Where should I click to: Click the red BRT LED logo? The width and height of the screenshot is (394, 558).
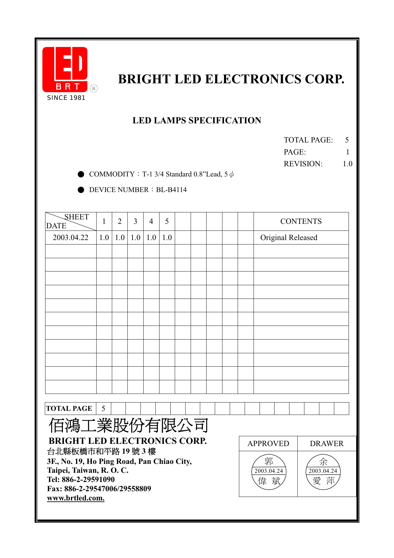tap(65, 69)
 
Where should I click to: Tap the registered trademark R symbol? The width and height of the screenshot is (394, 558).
tap(94, 88)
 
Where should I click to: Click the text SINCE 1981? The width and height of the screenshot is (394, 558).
tap(66, 98)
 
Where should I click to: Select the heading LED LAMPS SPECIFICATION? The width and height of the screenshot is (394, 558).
tap(197, 121)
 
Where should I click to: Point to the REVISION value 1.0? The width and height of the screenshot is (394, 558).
tap(347, 164)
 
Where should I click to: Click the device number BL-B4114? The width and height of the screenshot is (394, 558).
tap(171, 190)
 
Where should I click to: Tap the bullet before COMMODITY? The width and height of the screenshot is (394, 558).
tap(81, 174)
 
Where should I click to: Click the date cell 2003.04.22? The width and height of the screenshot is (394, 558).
tap(71, 238)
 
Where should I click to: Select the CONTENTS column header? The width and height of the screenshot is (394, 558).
tap(301, 221)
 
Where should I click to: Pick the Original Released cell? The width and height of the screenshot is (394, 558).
tap(289, 238)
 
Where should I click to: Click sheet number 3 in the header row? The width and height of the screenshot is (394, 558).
tap(135, 221)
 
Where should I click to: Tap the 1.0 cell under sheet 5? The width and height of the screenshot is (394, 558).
tap(167, 238)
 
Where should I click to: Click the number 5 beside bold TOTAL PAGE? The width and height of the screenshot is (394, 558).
tap(103, 409)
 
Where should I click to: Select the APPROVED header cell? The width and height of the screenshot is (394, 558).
tap(268, 444)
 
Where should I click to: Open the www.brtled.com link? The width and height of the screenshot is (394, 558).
tap(76, 498)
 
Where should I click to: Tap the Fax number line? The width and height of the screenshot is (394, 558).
tap(99, 489)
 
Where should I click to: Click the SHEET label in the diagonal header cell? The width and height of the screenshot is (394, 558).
tap(77, 217)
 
